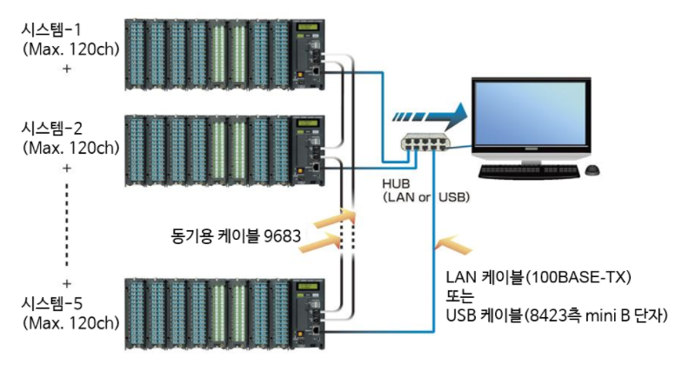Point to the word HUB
[397, 184]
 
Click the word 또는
[458, 295]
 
